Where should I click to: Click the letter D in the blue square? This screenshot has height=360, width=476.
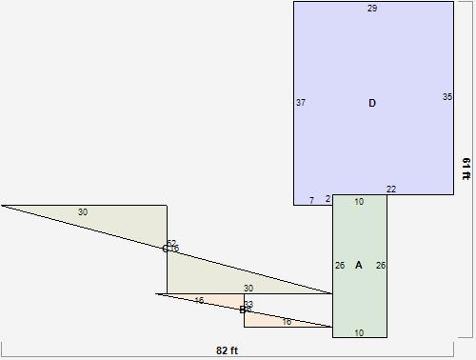372,103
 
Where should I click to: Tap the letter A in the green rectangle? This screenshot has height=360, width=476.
359,265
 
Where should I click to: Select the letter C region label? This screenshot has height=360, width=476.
165,249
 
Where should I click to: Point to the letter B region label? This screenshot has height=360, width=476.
242,310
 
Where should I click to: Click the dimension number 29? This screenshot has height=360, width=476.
372,9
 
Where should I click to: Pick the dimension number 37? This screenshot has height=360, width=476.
301,103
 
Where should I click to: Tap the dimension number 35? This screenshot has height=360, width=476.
447,97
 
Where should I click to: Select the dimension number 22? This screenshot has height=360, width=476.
391,190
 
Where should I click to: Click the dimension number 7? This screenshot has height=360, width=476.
311,200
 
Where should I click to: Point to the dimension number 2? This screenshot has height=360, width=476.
327,199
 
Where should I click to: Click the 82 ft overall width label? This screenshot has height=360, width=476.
227,350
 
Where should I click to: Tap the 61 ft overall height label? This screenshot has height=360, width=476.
466,169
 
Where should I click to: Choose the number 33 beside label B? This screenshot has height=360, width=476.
248,305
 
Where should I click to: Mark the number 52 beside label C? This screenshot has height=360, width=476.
171,244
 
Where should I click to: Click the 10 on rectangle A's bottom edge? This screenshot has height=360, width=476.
359,332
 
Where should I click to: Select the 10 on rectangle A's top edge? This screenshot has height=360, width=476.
359,202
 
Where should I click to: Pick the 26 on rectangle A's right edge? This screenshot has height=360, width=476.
381,266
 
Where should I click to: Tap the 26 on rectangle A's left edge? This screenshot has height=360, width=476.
340,266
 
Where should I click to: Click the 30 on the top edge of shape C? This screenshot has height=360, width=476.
83,212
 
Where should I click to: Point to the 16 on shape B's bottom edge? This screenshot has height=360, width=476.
288,322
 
